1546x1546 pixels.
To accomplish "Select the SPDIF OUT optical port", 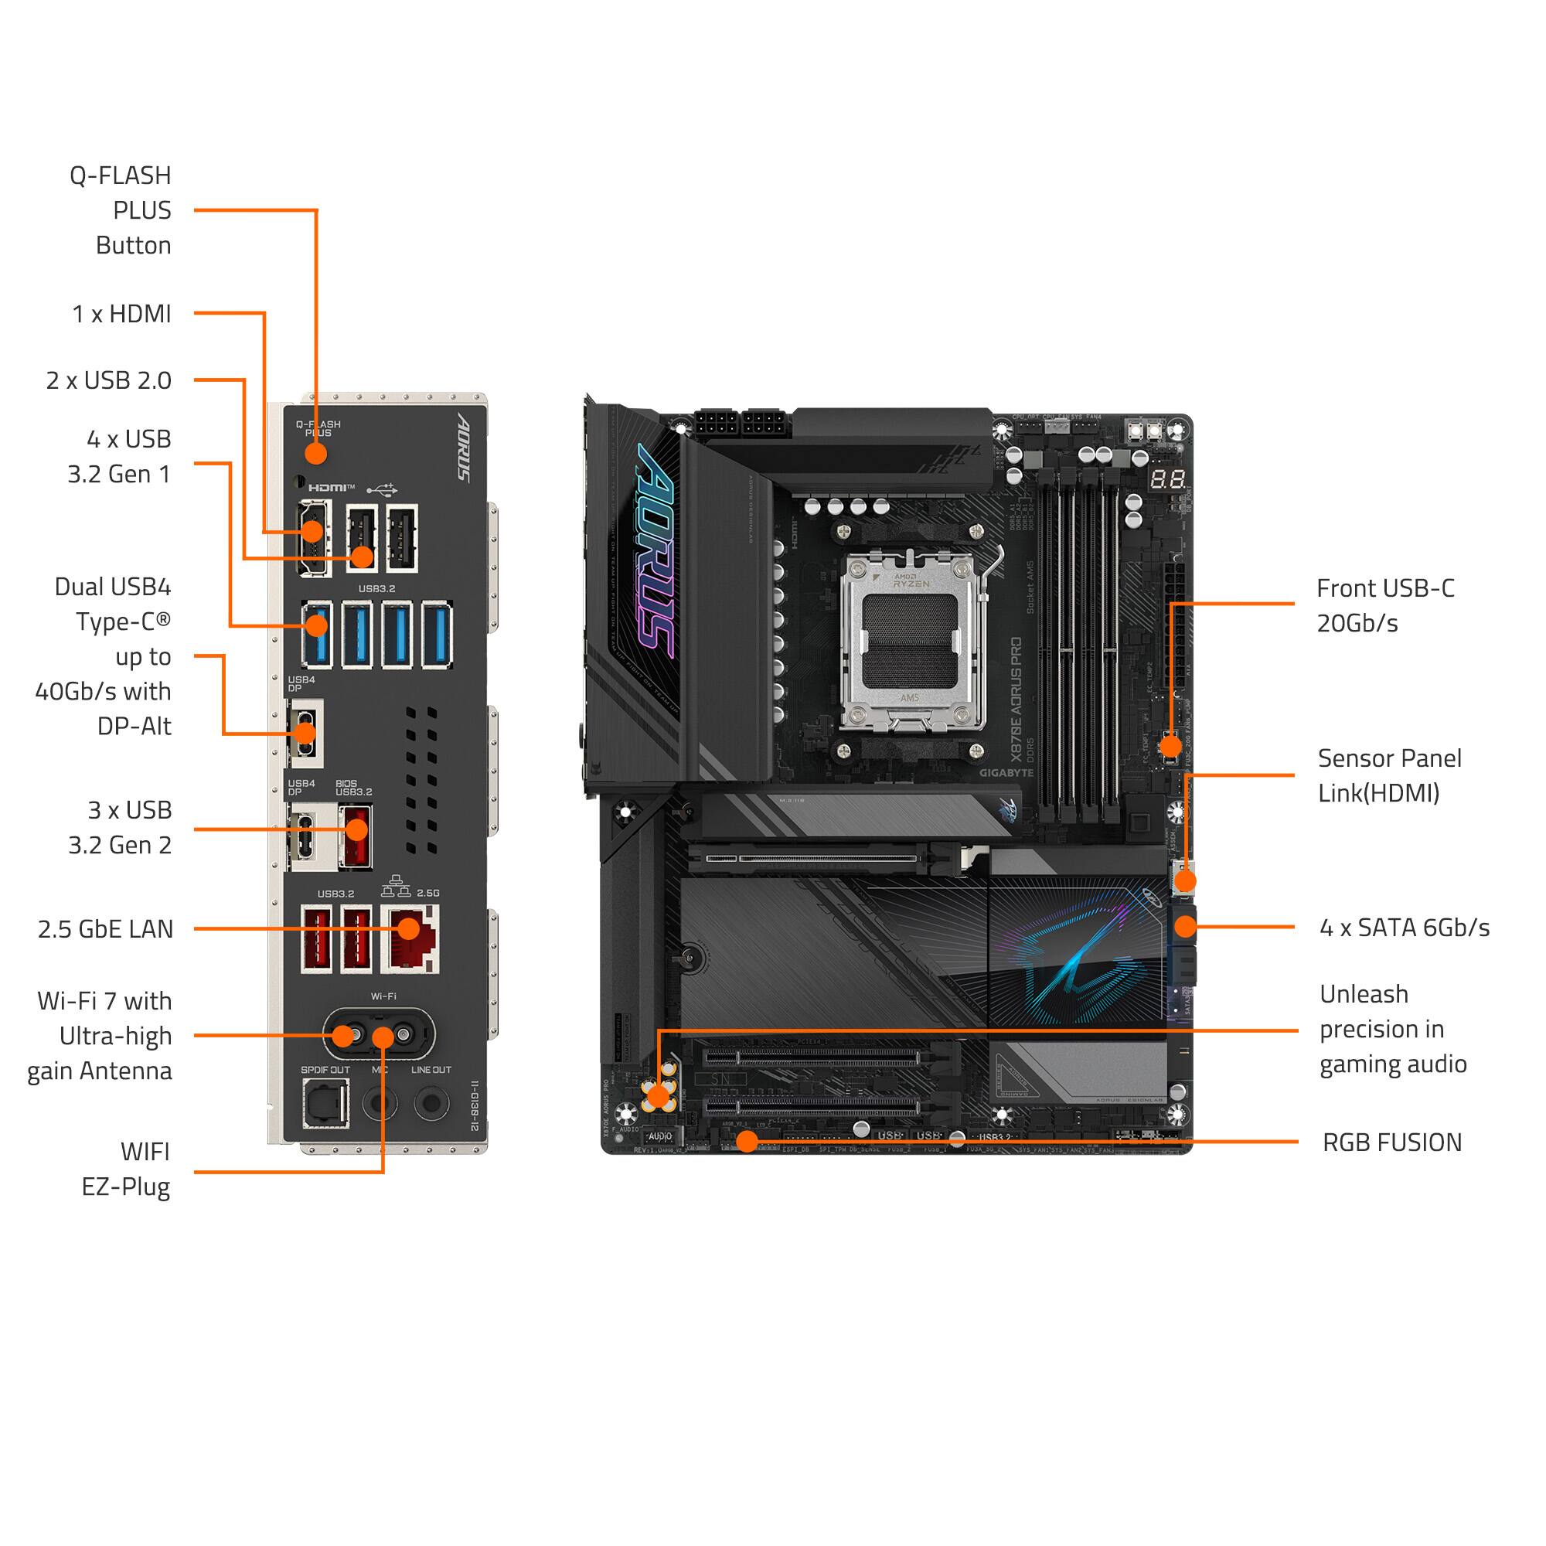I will (x=325, y=1104).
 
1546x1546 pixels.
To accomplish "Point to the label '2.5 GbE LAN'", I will (x=105, y=929).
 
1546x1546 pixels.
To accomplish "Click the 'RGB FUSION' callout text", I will (x=1391, y=1142).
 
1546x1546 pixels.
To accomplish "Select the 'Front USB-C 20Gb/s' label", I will (x=1384, y=606).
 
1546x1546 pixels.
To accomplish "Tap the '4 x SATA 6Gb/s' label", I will (x=1404, y=928).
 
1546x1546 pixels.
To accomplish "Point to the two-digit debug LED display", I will (x=1167, y=480).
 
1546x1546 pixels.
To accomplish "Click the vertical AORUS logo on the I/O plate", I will (x=463, y=448).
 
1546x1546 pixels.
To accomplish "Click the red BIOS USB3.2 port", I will (x=356, y=837).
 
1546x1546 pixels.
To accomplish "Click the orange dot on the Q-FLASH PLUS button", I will (x=316, y=454).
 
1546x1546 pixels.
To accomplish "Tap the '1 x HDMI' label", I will (x=121, y=314).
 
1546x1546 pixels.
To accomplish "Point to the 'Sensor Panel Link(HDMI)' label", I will (x=1388, y=775).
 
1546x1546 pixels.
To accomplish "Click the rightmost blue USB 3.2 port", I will (x=437, y=635).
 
